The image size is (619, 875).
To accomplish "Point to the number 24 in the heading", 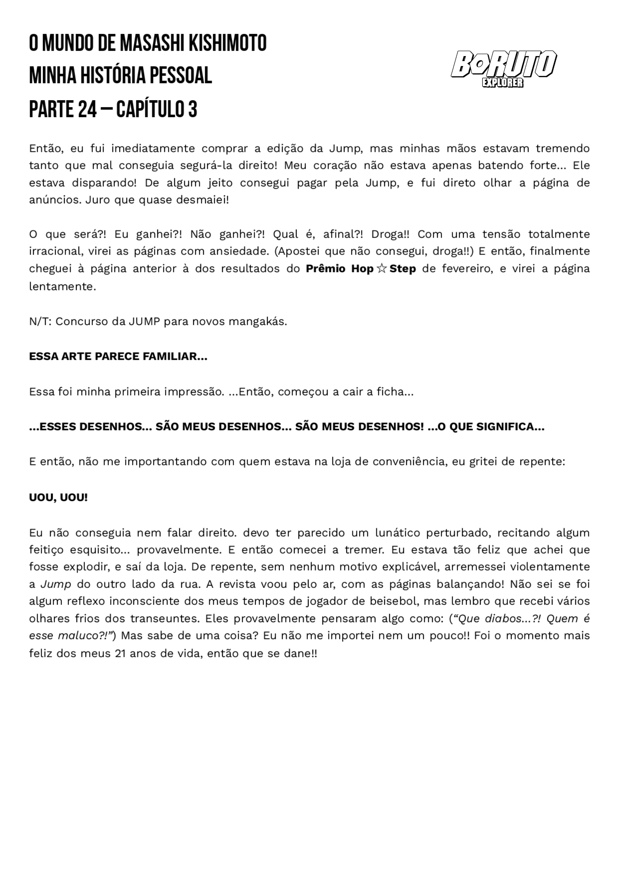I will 87,109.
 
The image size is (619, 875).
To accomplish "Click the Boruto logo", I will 503,65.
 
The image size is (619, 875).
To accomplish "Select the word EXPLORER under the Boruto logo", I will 503,83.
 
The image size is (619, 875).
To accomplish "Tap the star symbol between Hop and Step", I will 381,269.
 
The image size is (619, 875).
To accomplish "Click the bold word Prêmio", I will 326,269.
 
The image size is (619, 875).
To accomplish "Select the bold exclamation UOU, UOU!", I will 58,498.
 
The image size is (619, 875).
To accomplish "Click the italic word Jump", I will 56,584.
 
